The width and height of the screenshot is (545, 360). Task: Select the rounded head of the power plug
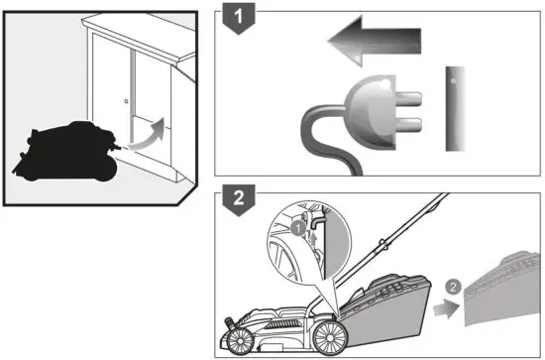tap(366, 112)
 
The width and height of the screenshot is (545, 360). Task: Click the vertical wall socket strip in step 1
tap(454, 108)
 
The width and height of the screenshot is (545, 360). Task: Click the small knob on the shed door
tap(127, 101)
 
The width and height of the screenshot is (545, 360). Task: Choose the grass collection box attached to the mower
tap(391, 303)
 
